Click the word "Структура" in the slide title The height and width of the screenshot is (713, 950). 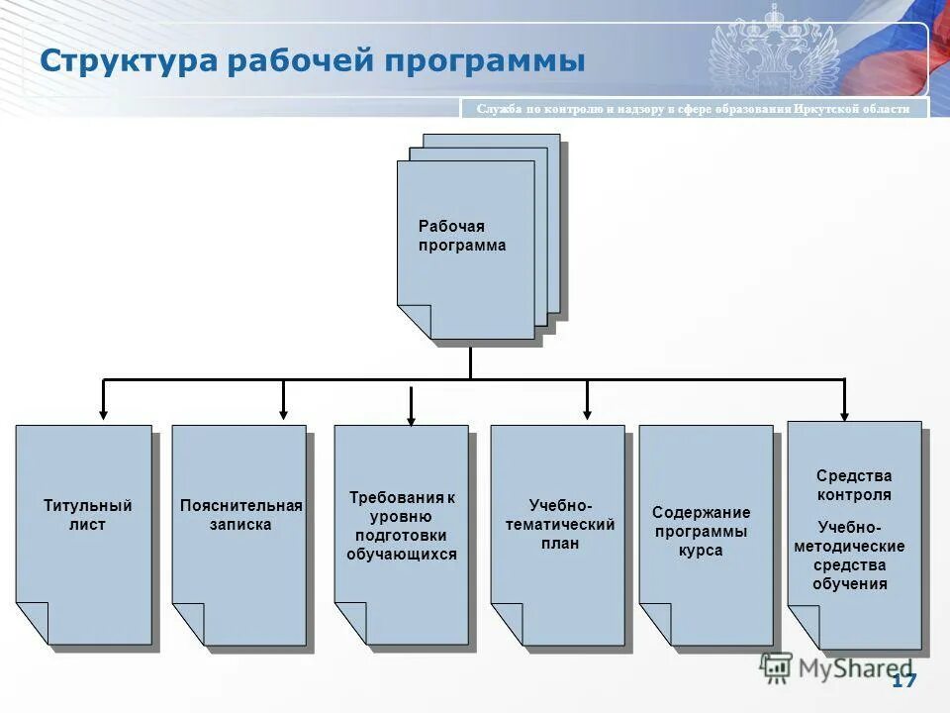pos(128,61)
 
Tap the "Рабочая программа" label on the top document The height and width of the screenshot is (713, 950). pos(461,237)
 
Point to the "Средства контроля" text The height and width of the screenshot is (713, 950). pos(853,485)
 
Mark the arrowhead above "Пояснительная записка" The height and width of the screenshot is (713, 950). pos(284,412)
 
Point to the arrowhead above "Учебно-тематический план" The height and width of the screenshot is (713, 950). pos(587,412)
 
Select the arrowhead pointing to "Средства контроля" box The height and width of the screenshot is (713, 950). pos(844,414)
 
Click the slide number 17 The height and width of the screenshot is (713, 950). pos(903,680)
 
